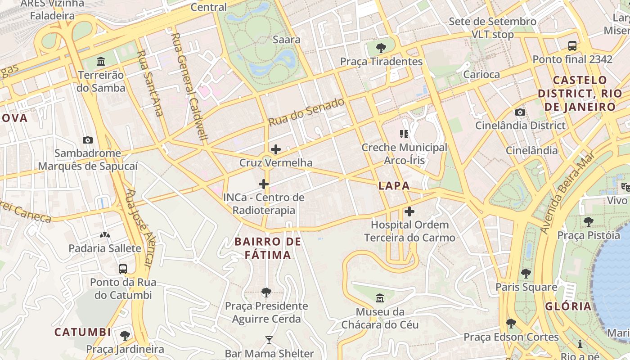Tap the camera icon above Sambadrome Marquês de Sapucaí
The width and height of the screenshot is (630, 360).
(x=88, y=140)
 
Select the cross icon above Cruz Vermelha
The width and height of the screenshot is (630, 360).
(x=276, y=149)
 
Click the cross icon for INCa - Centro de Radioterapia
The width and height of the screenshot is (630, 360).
(x=264, y=184)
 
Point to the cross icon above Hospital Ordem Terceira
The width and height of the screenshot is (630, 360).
(x=409, y=211)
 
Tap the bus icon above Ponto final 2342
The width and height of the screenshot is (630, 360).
(x=572, y=45)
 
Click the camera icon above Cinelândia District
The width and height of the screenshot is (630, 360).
(x=520, y=112)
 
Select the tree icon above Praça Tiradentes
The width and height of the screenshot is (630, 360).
(x=381, y=48)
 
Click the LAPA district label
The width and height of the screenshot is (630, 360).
(x=394, y=185)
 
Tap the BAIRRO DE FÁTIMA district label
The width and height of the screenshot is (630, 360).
(x=268, y=248)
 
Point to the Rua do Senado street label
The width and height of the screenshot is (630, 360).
(x=306, y=112)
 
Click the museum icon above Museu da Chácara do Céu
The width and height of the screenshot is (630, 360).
(x=380, y=298)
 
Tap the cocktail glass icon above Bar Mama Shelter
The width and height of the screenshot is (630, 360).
(x=269, y=340)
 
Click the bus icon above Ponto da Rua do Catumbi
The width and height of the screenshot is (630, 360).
(x=123, y=269)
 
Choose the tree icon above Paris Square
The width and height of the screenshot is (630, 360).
(x=526, y=273)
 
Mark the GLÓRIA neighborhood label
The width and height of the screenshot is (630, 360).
(x=568, y=306)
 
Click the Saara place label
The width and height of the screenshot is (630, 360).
(x=287, y=40)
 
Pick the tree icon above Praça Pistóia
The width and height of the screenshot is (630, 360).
(x=588, y=221)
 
